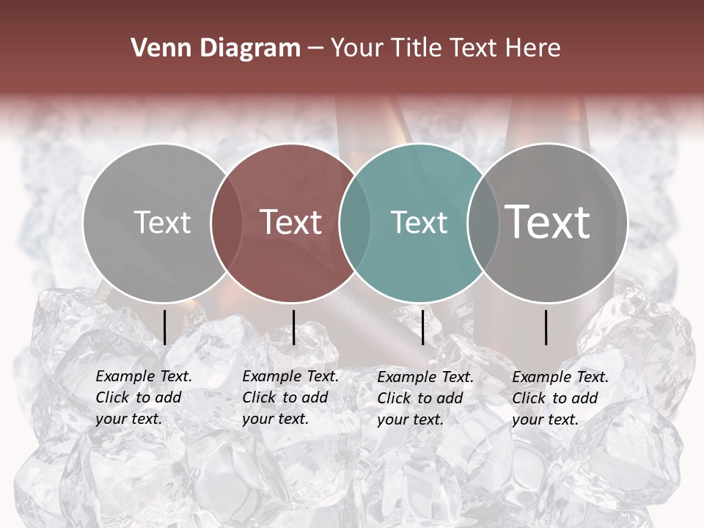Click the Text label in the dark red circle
pos(291,222)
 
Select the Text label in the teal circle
pos(419,222)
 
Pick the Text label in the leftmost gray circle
pos(162,222)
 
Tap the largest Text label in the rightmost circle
pos(548,221)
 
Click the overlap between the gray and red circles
pos(223,222)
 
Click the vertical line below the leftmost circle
pos(165,327)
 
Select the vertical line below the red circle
pos(294,327)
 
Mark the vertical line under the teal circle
pos(423,327)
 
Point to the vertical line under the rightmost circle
pos(546,327)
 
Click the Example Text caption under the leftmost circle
pos(143,397)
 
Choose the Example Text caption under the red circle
pos(290,397)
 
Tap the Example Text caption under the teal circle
pos(425,398)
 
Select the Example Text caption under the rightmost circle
pos(560,398)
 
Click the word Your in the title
pos(358,48)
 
